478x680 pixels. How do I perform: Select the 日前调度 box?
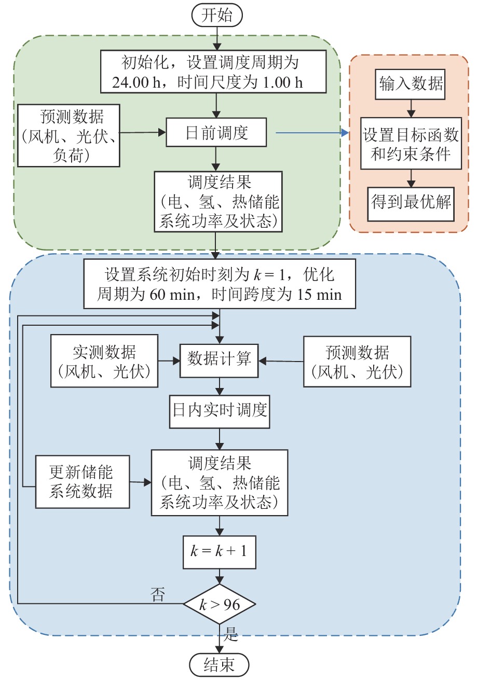click(x=216, y=133)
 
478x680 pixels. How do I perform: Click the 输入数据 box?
click(x=411, y=84)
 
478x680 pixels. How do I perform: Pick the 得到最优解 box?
click(x=411, y=202)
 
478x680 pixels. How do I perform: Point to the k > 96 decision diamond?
click(x=219, y=604)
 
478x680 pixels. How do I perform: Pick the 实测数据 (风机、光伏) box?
click(x=104, y=362)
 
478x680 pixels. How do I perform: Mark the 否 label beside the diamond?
click(x=157, y=594)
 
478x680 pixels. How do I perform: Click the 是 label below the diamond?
click(x=231, y=632)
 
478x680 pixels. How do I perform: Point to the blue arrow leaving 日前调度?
click(x=311, y=133)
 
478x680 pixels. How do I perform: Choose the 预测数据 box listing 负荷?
click(x=69, y=135)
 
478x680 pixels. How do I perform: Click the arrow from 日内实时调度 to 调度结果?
click(x=220, y=439)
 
